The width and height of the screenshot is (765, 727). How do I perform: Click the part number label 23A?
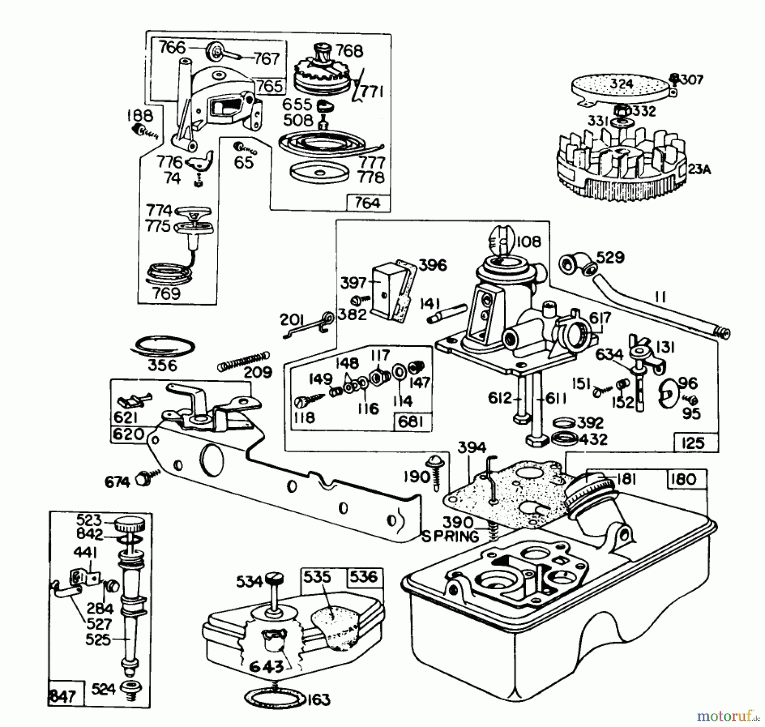[699, 169]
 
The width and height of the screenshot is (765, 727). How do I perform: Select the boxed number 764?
[368, 203]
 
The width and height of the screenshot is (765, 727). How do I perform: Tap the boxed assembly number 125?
[693, 443]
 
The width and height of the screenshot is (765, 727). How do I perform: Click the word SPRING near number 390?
[450, 536]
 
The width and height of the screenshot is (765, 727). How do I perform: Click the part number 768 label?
[349, 51]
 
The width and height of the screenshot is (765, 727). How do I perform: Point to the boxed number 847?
[63, 696]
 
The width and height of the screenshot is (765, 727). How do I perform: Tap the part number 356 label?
[162, 365]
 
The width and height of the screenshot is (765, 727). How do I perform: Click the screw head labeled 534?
[277, 579]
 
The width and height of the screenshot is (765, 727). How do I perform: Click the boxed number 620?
[128, 434]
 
